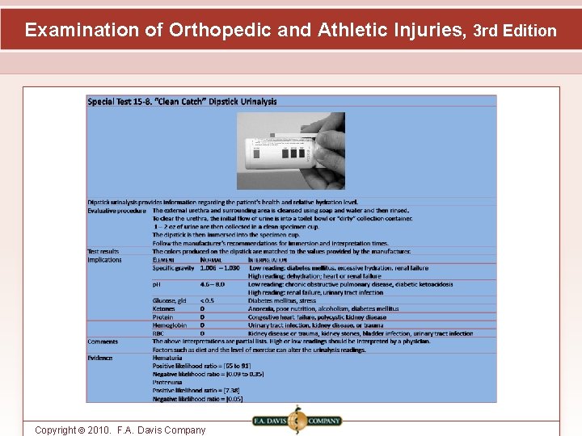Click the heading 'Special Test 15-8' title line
tap(182, 101)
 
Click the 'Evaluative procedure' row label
tap(117, 210)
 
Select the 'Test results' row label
tap(103, 251)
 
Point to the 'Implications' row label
tap(105, 259)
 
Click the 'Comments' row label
tap(103, 342)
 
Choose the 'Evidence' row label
tap(101, 358)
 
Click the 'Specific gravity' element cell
tap(173, 267)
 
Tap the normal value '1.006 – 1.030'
tap(219, 267)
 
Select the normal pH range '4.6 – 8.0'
tap(213, 284)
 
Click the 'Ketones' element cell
tap(164, 308)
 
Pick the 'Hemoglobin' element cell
tap(169, 325)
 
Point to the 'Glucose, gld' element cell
tap(169, 300)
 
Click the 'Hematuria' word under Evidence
tap(167, 358)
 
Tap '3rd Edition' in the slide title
tap(515, 31)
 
